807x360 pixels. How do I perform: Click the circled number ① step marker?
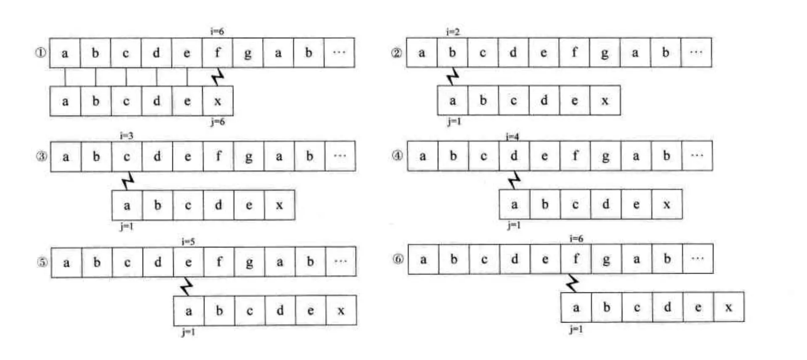(40, 53)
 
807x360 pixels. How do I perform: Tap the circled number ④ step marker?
(397, 156)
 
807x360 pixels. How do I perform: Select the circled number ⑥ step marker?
(398, 259)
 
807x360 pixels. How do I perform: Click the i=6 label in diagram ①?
(217, 32)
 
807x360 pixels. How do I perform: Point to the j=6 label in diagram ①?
(218, 122)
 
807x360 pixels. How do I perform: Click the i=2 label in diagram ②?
(453, 32)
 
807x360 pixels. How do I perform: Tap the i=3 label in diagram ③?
(126, 135)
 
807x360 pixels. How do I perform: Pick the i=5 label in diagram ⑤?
(188, 241)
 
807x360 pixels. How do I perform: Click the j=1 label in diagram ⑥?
(576, 329)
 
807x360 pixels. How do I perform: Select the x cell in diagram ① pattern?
(218, 101)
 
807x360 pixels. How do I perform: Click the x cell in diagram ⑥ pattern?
(728, 307)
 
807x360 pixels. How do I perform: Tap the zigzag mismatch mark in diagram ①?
(218, 77)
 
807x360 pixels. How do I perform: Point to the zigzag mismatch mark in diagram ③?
(127, 181)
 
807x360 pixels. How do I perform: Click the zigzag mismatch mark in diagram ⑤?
(186, 286)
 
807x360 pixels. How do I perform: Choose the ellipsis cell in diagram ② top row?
(696, 53)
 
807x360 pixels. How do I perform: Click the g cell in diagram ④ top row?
(605, 156)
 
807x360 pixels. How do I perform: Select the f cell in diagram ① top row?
(218, 53)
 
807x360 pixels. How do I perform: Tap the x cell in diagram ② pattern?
(605, 101)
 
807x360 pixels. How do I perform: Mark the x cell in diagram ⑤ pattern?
(341, 311)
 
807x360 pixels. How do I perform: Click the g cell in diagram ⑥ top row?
(606, 259)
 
